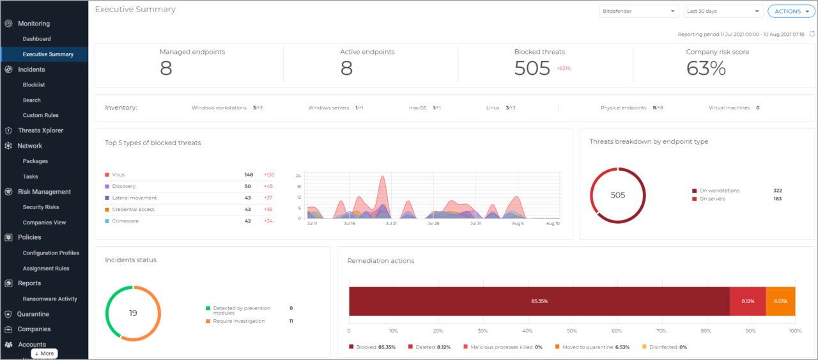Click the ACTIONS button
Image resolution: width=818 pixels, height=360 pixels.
pos(791,12)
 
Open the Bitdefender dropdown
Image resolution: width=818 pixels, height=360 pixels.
pos(638,12)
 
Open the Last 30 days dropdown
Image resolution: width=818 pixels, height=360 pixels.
pos(723,12)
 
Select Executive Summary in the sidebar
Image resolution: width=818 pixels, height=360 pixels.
pos(48,54)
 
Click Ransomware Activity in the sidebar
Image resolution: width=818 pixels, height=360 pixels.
pos(50,299)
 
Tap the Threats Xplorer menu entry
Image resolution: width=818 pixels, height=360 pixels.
pos(40,130)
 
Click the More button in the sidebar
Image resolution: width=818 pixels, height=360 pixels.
pos(44,353)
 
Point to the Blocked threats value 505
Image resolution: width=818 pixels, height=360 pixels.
pos(532,68)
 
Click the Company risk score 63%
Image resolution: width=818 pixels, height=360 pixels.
pos(706,68)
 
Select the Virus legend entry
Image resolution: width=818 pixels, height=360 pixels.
pos(118,175)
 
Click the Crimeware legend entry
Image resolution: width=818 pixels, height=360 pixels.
pos(125,221)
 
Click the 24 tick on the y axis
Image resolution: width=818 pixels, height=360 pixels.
pos(298,175)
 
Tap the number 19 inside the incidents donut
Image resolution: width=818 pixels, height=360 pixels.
pos(133,313)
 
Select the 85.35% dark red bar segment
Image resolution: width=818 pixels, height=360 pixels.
pos(539,301)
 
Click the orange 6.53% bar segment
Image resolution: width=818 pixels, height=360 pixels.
pos(780,301)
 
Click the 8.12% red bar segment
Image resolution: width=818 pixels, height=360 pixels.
pos(748,301)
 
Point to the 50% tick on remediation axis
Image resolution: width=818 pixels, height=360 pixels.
pos(572,331)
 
